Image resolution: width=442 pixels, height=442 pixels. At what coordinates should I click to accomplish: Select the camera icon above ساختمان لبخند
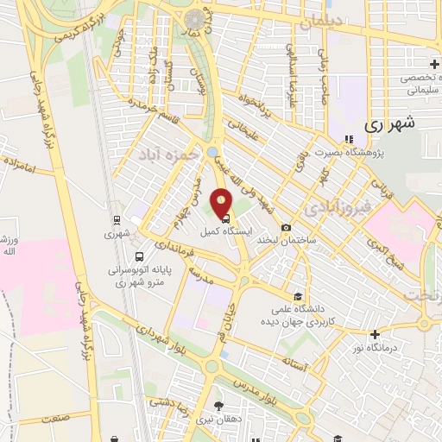(x=286, y=227)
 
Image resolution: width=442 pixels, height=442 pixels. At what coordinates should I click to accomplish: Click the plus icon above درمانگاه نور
(x=374, y=333)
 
